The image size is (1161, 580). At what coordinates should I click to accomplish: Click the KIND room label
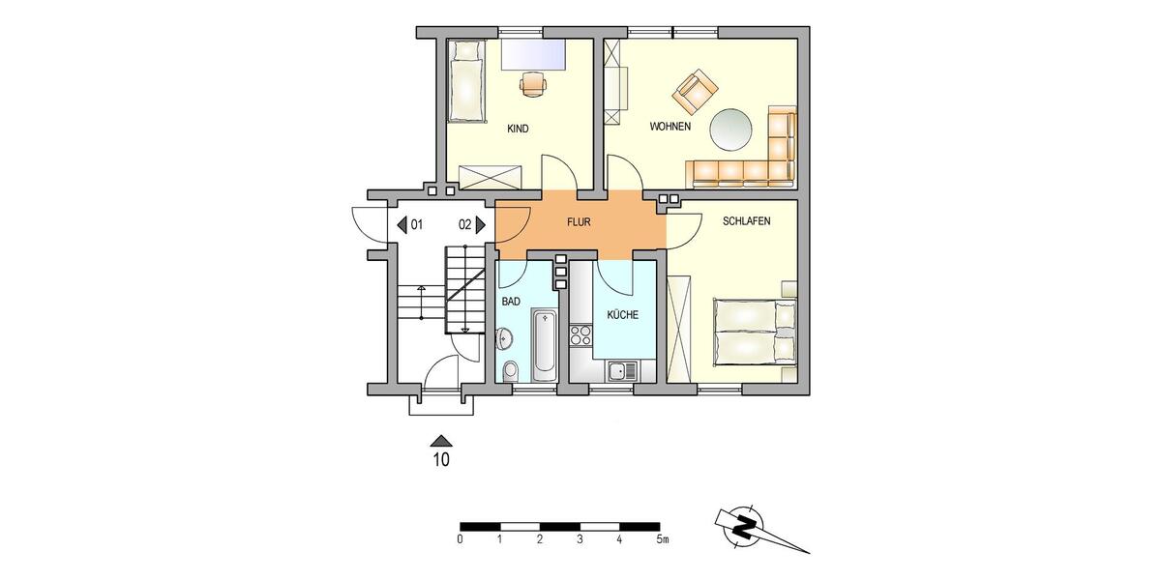point(518,129)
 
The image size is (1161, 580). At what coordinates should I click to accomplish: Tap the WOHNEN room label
point(670,128)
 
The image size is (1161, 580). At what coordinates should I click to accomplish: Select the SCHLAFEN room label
point(746,221)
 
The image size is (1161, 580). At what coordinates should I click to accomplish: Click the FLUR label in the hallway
point(579,222)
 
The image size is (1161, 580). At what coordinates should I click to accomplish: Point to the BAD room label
point(511,302)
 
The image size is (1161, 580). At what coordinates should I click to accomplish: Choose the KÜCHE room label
point(622,315)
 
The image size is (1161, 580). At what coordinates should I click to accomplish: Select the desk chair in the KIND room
point(533,85)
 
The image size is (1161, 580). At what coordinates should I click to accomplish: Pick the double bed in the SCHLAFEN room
point(756,332)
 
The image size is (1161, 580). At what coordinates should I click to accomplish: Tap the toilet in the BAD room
point(512,370)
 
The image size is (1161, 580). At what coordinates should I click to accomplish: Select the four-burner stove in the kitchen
point(582,335)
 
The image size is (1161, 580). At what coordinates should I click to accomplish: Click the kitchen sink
point(619,369)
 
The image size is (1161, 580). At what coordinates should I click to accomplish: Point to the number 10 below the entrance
point(440,460)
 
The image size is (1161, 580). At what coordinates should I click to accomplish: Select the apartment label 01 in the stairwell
point(417,225)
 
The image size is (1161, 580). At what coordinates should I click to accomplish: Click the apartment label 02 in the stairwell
point(465,225)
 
